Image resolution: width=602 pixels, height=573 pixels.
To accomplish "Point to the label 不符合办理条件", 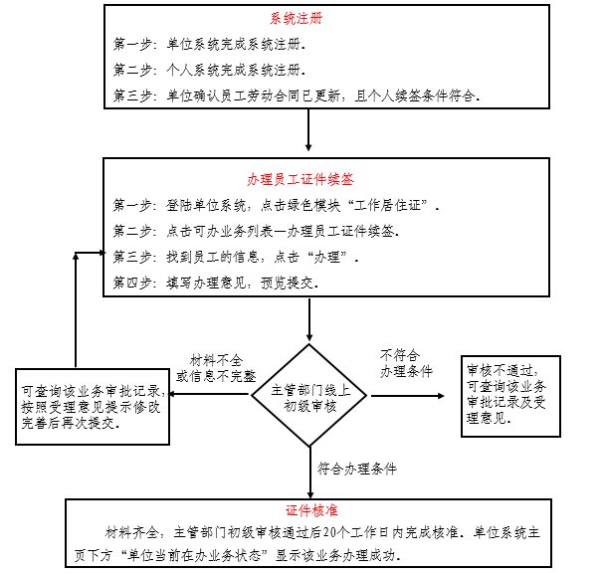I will click(405, 362).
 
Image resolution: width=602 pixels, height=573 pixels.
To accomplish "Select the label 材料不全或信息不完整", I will click(216, 368).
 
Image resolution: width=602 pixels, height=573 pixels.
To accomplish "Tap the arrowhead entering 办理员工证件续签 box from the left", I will click(101, 252).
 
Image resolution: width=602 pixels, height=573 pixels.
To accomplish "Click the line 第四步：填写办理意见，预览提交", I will click(216, 284).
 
